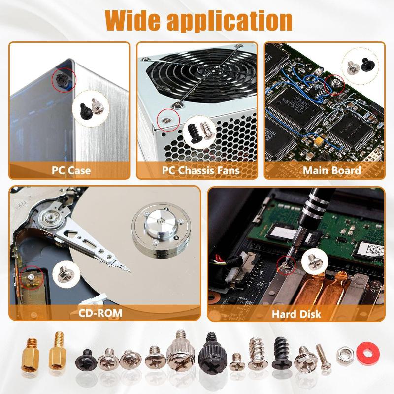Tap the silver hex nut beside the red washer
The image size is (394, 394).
(x=344, y=353)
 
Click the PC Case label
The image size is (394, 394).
(x=71, y=171)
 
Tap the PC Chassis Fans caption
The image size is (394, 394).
(x=201, y=171)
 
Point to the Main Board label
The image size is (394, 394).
(x=331, y=171)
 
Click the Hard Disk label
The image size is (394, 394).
(x=297, y=313)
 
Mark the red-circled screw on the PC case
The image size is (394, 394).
(x=64, y=79)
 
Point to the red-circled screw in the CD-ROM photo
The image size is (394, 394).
(x=31, y=277)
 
